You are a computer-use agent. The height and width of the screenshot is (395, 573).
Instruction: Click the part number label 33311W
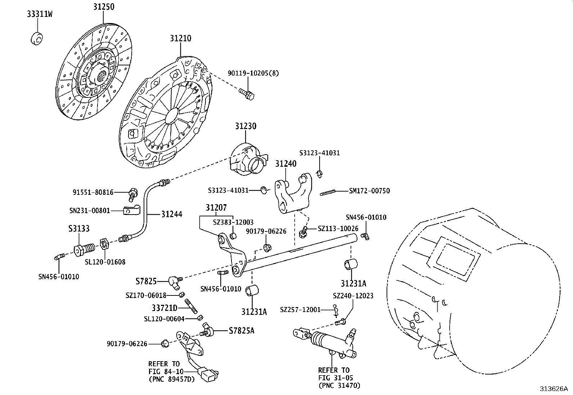pyautogui.click(x=39, y=14)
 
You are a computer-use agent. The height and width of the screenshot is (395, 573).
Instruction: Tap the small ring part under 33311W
pyautogui.click(x=36, y=38)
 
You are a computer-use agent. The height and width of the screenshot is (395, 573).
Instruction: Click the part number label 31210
pyautogui.click(x=181, y=38)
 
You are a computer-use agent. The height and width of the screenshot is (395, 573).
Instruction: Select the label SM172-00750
pyautogui.click(x=369, y=191)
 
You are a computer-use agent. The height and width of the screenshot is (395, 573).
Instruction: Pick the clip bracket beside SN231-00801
pyautogui.click(x=130, y=211)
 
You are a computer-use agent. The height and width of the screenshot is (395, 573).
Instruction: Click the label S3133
pyautogui.click(x=79, y=229)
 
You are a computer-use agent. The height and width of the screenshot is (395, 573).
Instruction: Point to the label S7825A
pyautogui.click(x=241, y=331)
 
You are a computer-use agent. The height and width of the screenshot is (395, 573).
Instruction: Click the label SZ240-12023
pyautogui.click(x=353, y=296)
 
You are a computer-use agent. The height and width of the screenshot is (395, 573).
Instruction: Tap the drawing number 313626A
pyautogui.click(x=553, y=389)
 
